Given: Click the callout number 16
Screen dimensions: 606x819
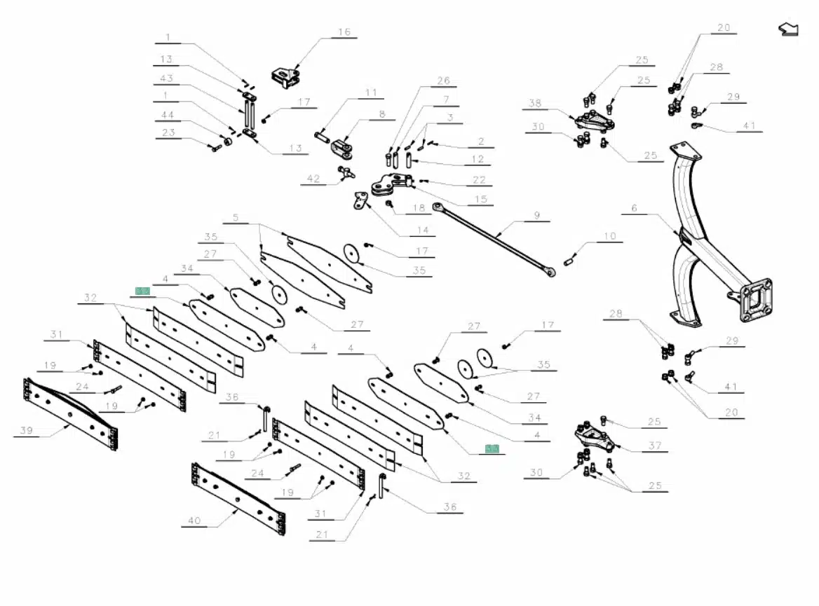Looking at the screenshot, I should [x=344, y=32].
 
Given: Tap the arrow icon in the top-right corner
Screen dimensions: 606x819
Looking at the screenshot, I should [x=789, y=29].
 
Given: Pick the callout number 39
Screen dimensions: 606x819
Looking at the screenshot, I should [x=27, y=430].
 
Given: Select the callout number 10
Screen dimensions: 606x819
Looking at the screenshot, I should [x=609, y=236].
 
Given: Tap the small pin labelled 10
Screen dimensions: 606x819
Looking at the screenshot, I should [x=569, y=261].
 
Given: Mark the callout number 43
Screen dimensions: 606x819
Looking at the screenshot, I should [x=166, y=78].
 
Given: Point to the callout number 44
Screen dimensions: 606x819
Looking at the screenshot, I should [x=167, y=114].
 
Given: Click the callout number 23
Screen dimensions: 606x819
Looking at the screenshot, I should [x=168, y=132].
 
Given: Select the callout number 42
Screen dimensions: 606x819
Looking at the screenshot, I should [x=313, y=179].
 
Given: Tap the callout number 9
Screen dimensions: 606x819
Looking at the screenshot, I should [x=536, y=216].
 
